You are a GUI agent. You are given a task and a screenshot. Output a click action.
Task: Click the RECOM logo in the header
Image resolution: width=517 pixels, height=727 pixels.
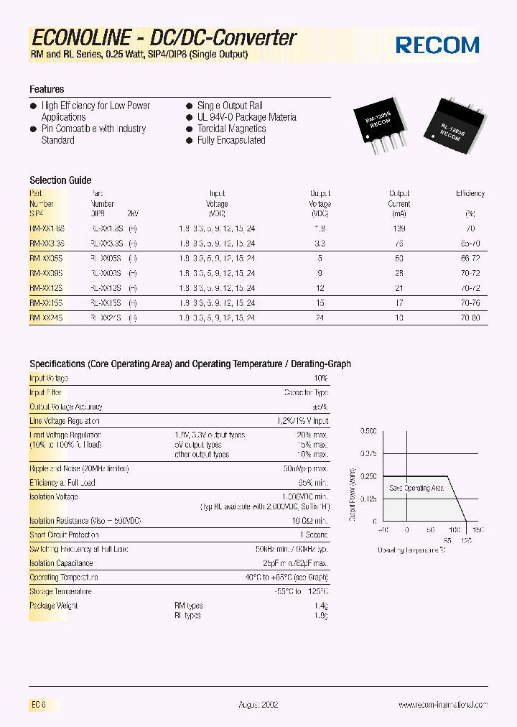pyautogui.click(x=437, y=45)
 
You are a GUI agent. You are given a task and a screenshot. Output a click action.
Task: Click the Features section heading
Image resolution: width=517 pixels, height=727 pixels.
pyautogui.click(x=47, y=89)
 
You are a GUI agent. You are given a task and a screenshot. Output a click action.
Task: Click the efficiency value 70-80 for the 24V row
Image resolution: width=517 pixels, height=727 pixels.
pyautogui.click(x=470, y=318)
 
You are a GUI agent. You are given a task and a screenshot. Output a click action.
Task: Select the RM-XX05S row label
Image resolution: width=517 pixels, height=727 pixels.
pyautogui.click(x=46, y=257)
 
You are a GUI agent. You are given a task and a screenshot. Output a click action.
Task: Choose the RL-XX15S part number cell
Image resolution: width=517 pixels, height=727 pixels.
pyautogui.click(x=106, y=303)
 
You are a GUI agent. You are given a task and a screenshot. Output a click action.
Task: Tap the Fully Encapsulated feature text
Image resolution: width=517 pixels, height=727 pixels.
pyautogui.click(x=231, y=140)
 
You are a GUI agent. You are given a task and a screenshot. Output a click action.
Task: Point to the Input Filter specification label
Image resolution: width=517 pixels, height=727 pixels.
pyautogui.click(x=45, y=393)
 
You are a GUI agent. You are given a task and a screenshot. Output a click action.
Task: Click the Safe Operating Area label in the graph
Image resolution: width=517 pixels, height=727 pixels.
pyautogui.click(x=416, y=488)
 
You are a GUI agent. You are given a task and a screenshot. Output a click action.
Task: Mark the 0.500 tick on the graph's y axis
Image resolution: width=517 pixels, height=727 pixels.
pyautogui.click(x=368, y=431)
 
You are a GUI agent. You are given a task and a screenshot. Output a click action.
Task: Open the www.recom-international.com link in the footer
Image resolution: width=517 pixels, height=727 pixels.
pyautogui.click(x=443, y=705)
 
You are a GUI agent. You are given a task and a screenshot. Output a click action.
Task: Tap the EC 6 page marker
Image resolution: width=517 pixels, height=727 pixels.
pyautogui.click(x=38, y=705)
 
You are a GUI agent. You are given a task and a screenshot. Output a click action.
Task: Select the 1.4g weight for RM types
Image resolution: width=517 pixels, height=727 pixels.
pyautogui.click(x=321, y=606)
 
